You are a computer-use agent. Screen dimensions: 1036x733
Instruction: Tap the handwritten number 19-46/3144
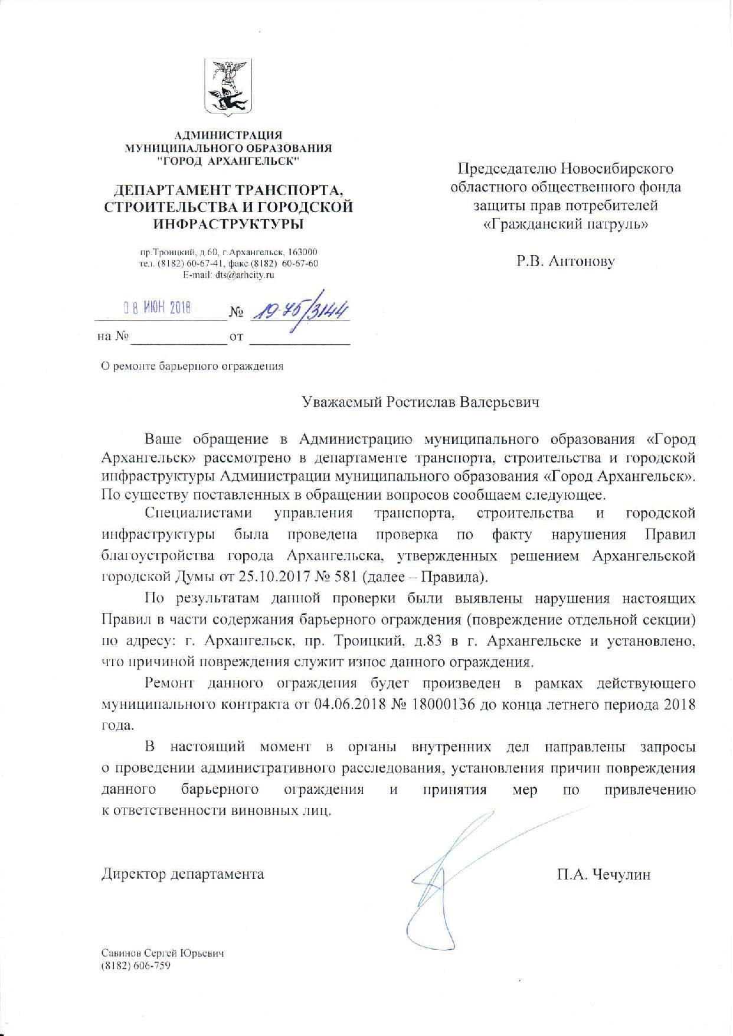(299, 309)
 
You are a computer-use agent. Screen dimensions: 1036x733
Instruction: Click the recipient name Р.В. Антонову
(565, 261)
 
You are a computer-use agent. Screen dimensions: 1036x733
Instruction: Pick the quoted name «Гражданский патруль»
(565, 225)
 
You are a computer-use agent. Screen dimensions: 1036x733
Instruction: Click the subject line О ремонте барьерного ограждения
(192, 366)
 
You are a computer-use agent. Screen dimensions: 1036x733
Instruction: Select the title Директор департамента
(183, 874)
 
